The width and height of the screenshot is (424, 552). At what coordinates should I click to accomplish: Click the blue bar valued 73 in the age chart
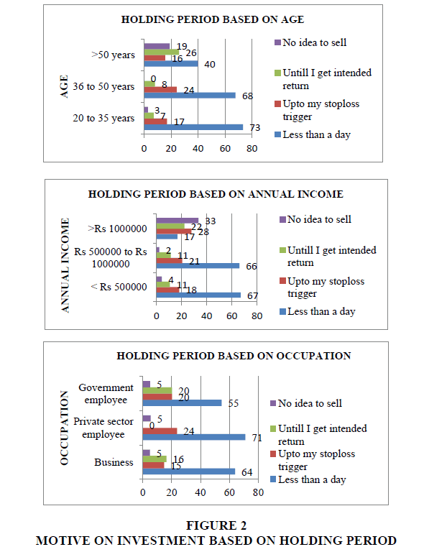coord(193,127)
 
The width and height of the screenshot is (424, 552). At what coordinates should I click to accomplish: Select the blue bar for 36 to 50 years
coord(190,96)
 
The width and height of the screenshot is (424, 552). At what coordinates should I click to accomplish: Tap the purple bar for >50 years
coord(157,46)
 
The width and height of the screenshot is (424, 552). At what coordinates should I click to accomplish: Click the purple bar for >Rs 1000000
coord(178,221)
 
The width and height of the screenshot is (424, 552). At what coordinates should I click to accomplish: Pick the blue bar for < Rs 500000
coord(198,295)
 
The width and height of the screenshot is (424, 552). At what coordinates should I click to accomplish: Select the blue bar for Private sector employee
coord(194,437)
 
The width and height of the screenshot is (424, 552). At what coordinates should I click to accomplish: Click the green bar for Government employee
coord(157,390)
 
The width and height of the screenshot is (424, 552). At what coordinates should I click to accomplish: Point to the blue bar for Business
coord(189,471)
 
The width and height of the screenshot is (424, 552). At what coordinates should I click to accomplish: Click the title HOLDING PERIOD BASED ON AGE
coord(213,19)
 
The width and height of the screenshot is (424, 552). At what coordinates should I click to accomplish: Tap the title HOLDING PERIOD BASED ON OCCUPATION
coord(234,356)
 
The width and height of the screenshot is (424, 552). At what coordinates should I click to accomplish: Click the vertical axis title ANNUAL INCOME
coord(65,265)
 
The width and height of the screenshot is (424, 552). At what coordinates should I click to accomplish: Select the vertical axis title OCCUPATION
coord(64,428)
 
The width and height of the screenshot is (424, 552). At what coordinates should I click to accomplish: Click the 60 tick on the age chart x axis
coord(225,149)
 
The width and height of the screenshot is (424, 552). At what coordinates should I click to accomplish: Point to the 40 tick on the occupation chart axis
coord(201,492)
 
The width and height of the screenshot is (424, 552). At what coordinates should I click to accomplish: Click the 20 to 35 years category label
coord(103,118)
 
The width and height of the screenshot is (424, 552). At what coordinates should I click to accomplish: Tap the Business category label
coord(114,462)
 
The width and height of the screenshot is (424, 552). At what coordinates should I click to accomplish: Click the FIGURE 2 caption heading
coord(216,525)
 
